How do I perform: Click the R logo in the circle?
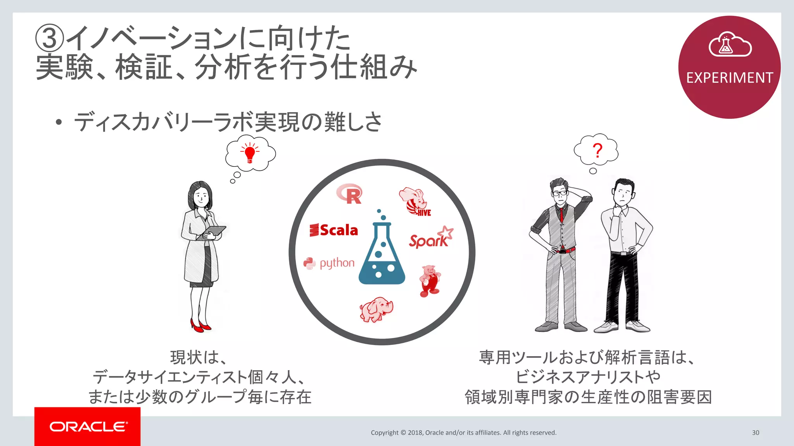(x=349, y=194)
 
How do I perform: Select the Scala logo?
(x=334, y=230)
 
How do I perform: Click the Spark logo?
(x=430, y=238)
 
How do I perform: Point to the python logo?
(x=329, y=263)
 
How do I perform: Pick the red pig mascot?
(x=430, y=280)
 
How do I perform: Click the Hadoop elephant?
(x=376, y=309)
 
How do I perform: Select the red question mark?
(x=597, y=150)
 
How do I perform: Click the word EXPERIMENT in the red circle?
(x=729, y=78)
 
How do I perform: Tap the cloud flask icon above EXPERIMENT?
(x=730, y=45)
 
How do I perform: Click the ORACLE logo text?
(x=88, y=427)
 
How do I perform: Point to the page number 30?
(x=755, y=432)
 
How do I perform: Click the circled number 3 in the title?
(x=49, y=38)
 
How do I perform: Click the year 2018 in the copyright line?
(x=415, y=432)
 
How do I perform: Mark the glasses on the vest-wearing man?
(x=559, y=192)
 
